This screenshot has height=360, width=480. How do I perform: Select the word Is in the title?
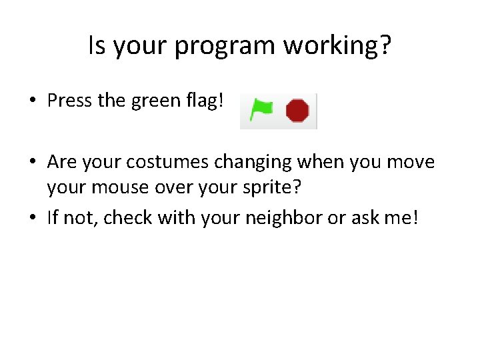(x=98, y=45)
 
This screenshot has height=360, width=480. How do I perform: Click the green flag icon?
(x=261, y=109)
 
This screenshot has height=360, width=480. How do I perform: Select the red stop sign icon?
(x=297, y=111)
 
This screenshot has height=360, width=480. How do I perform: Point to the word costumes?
(x=157, y=163)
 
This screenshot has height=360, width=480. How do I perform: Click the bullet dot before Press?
(x=32, y=102)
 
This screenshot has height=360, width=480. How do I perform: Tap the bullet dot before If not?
(x=32, y=218)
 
